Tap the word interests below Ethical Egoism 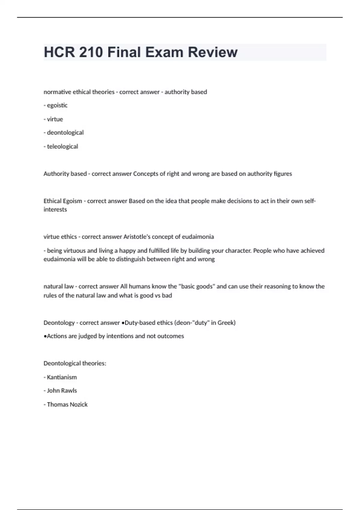click(55, 209)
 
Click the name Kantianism click(62, 377)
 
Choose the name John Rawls click(62, 391)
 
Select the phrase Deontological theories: click(75, 363)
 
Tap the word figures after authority click(283, 174)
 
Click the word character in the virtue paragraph click(238, 250)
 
